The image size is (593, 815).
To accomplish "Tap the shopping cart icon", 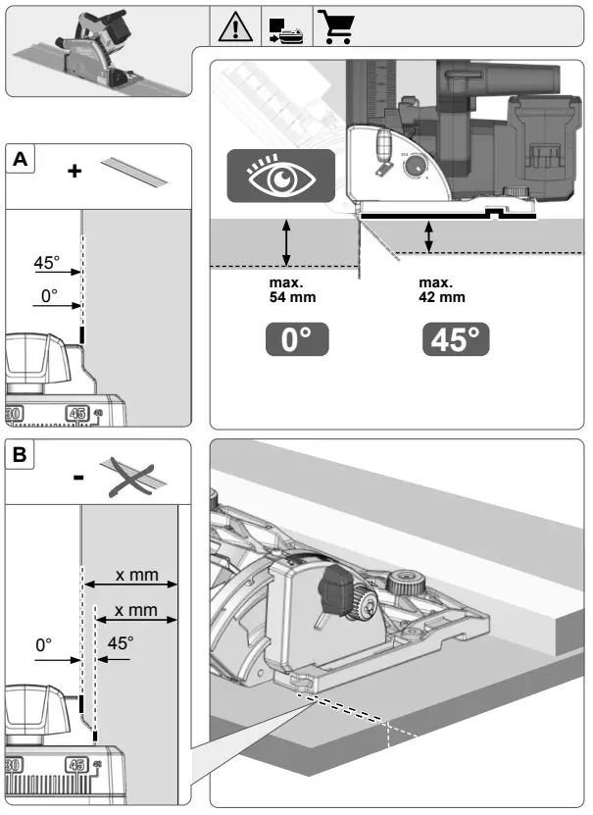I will click(x=337, y=28).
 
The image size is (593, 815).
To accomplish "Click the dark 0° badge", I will click(x=296, y=340).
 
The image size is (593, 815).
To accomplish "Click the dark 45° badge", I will click(x=456, y=340).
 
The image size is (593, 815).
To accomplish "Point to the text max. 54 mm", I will click(x=293, y=290).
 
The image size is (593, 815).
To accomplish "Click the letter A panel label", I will click(x=20, y=160).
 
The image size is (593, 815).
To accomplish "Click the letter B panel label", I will click(x=20, y=456).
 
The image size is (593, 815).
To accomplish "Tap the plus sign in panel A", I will click(x=74, y=171).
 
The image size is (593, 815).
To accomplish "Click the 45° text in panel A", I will click(x=46, y=263).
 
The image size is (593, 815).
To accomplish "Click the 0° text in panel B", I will click(x=43, y=645).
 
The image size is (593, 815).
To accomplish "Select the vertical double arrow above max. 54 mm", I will click(x=286, y=241).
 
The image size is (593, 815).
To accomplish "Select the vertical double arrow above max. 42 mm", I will click(x=428, y=235).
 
